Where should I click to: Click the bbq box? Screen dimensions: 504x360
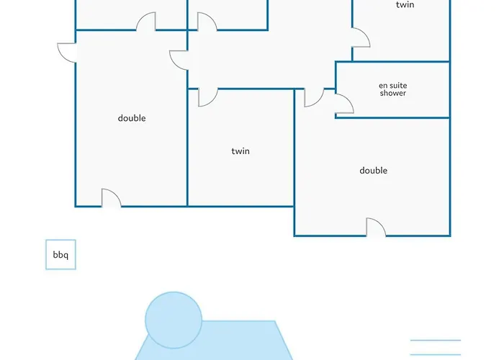click(60, 255)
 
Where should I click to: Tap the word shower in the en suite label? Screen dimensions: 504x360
click(393, 93)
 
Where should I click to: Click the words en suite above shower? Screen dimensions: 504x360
click(393, 86)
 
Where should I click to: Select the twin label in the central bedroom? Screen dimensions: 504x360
click(240, 151)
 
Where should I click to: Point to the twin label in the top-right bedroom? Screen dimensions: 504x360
click(405, 4)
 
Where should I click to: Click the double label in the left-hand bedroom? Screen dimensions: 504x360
click(132, 118)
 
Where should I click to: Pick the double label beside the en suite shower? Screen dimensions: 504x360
click(373, 171)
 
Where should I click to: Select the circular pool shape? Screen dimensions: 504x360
click(174, 320)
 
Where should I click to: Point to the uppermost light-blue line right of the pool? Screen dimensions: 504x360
click(436, 340)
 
